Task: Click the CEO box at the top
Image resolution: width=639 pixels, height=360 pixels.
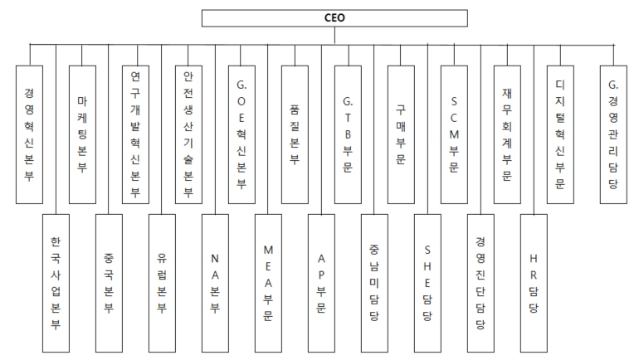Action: (x=334, y=18)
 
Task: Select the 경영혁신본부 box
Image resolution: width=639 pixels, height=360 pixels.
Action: (x=29, y=134)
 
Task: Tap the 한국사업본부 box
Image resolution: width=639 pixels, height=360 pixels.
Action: (x=56, y=283)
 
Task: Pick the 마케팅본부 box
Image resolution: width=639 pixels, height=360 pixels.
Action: (x=82, y=134)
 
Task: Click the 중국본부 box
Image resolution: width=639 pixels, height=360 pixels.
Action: (x=109, y=283)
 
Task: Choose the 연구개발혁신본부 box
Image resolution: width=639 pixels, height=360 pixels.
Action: (x=136, y=134)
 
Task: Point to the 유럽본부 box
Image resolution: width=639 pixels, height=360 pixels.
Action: (x=162, y=283)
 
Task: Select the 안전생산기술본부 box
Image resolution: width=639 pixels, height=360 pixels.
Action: (x=188, y=134)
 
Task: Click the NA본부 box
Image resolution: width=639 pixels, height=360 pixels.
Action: (x=215, y=283)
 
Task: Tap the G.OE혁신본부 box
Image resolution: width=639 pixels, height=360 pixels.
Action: (x=241, y=134)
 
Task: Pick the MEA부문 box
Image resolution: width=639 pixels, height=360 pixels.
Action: (x=268, y=283)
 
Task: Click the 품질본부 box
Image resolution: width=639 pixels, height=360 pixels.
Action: (x=295, y=134)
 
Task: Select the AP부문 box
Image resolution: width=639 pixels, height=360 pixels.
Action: (x=321, y=283)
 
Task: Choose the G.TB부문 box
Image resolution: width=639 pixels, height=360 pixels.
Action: (x=348, y=134)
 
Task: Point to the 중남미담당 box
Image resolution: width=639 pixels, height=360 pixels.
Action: (x=374, y=283)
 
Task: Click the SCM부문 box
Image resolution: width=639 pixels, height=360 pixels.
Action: (x=454, y=134)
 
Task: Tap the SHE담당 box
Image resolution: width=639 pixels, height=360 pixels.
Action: (x=427, y=283)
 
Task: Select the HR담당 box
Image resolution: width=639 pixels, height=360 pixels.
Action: (x=534, y=283)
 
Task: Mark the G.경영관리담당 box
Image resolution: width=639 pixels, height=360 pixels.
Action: (x=613, y=134)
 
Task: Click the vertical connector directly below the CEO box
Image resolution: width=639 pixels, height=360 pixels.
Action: (x=334, y=36)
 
